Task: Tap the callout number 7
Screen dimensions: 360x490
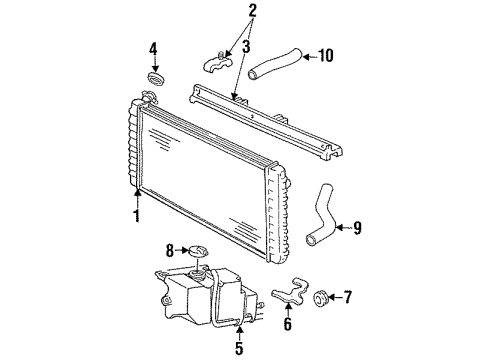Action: (x=348, y=297)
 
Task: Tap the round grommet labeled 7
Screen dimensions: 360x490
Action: (x=322, y=298)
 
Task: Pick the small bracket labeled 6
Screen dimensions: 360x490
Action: (x=285, y=293)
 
